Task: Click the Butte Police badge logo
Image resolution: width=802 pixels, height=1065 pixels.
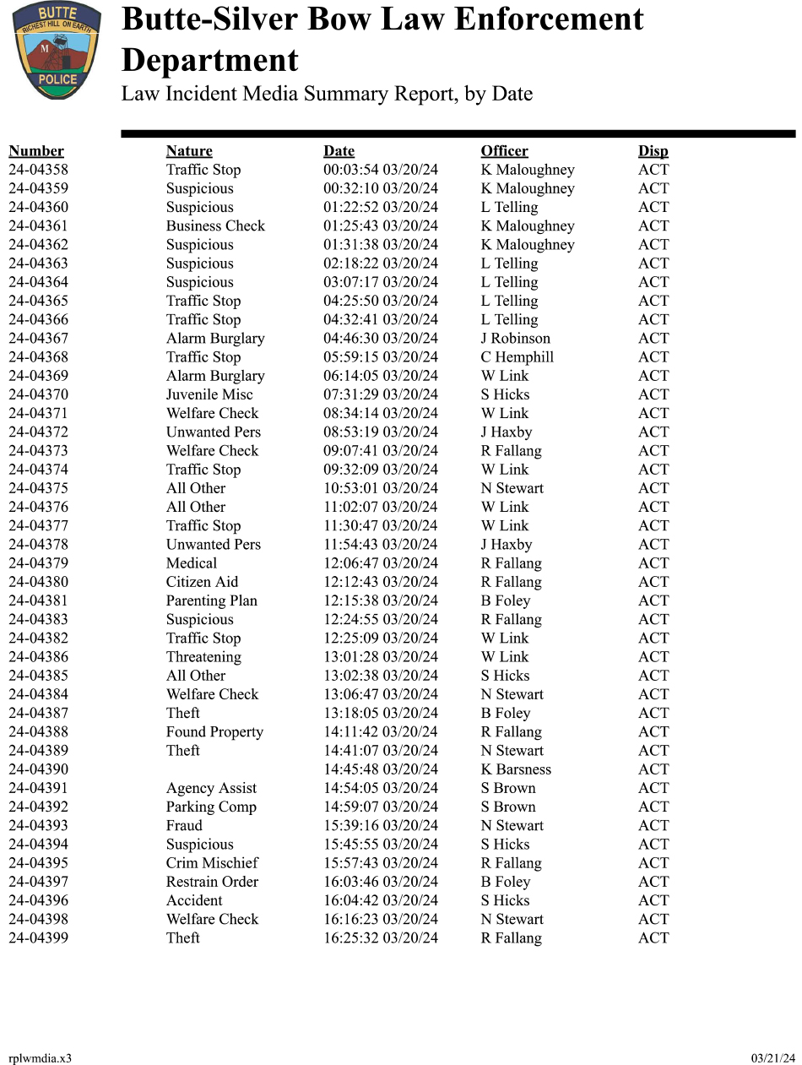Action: (x=57, y=50)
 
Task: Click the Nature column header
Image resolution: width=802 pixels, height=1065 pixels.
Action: (x=189, y=151)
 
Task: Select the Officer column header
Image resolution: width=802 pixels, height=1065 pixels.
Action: (x=504, y=151)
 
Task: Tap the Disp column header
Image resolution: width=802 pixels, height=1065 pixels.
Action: (x=653, y=151)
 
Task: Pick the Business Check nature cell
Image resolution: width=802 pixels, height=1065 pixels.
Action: (x=215, y=226)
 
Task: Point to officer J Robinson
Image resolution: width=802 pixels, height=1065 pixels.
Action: (x=515, y=339)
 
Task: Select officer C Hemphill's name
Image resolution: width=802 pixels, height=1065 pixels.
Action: (x=517, y=357)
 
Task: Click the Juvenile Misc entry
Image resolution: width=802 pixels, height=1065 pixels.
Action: (x=209, y=394)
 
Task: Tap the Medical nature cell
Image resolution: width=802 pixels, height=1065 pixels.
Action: (x=192, y=563)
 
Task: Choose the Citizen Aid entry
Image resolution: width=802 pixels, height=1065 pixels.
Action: (x=202, y=582)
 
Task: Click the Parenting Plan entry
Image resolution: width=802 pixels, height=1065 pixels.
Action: (x=211, y=600)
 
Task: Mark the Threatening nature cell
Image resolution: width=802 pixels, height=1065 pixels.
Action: (x=203, y=657)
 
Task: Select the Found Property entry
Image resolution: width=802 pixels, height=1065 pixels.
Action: (x=214, y=732)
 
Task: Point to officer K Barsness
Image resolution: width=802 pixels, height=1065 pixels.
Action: (x=516, y=769)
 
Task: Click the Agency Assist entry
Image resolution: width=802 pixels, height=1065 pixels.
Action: (x=211, y=788)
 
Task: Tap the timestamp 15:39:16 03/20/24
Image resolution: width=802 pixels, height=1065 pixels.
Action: (x=381, y=826)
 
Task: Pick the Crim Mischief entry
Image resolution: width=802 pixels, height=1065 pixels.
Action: (x=212, y=863)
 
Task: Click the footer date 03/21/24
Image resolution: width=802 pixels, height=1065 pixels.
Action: (x=773, y=1058)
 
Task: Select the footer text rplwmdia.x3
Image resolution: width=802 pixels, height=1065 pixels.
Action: (x=40, y=1058)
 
